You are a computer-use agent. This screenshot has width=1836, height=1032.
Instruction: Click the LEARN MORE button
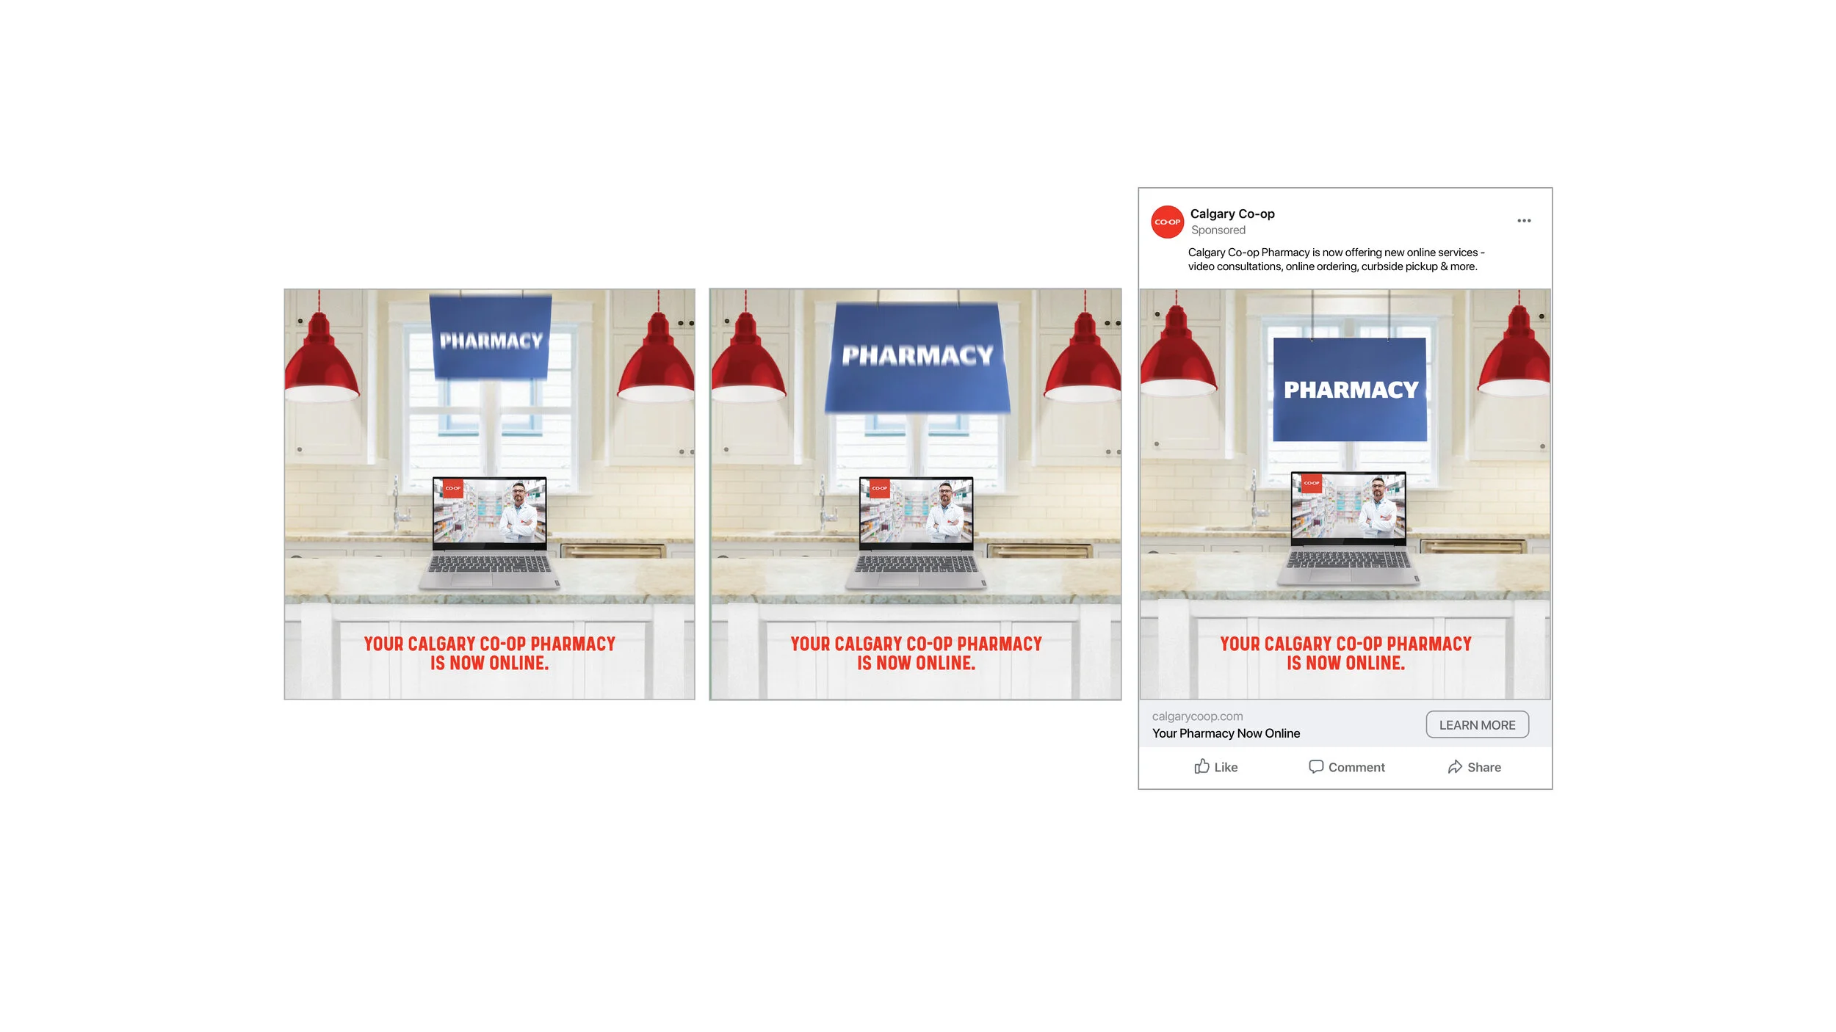point(1477,724)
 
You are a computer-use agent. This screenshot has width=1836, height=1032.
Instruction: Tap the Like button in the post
point(1215,767)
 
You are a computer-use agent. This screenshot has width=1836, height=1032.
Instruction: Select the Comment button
point(1347,767)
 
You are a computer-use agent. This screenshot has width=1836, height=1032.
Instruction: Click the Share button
point(1474,767)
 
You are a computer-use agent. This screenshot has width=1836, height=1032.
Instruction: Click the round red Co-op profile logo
point(1167,222)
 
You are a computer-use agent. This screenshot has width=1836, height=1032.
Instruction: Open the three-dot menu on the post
point(1524,221)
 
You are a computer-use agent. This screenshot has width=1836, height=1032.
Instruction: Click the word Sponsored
point(1218,230)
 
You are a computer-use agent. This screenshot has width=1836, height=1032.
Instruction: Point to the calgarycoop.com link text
point(1197,716)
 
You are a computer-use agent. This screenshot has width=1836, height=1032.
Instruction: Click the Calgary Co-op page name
point(1232,214)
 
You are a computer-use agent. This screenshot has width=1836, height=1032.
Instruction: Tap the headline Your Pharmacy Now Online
point(1226,733)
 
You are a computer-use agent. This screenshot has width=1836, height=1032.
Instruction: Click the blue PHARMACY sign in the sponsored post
point(1350,390)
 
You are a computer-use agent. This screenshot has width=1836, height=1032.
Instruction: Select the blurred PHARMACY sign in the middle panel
point(917,357)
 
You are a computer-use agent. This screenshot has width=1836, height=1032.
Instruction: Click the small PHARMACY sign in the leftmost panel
point(491,338)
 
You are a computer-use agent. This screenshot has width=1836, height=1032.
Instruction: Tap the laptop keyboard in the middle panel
point(917,564)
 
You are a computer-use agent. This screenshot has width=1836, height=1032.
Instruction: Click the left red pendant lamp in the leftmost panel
point(321,361)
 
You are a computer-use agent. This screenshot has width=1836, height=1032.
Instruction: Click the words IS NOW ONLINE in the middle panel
point(916,664)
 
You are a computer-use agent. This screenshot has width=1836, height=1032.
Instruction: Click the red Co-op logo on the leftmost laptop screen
point(453,488)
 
